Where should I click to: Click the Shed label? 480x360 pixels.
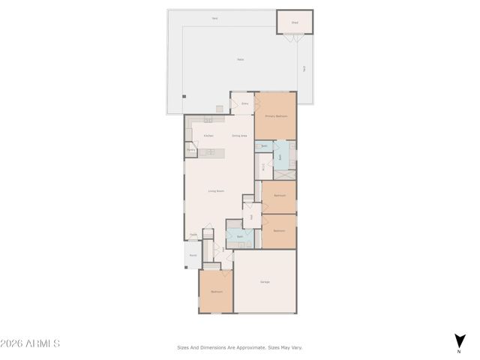point(295,22)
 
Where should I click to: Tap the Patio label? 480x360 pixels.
point(240,59)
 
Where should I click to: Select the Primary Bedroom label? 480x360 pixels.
point(276,117)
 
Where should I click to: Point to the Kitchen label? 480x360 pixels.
point(208,136)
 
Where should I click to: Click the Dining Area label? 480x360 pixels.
point(239,136)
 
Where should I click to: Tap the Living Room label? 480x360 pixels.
point(217,191)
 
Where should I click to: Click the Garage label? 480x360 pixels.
point(265,282)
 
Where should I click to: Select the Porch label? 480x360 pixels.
point(193,256)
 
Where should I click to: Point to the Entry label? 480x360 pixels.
point(244,103)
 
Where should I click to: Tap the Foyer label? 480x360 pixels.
point(193,234)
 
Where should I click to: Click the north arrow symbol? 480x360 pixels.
point(459,341)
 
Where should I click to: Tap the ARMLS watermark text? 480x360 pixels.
point(30,344)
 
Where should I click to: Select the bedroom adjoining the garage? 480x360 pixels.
point(216,291)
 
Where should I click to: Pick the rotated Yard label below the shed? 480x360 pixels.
point(304,68)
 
